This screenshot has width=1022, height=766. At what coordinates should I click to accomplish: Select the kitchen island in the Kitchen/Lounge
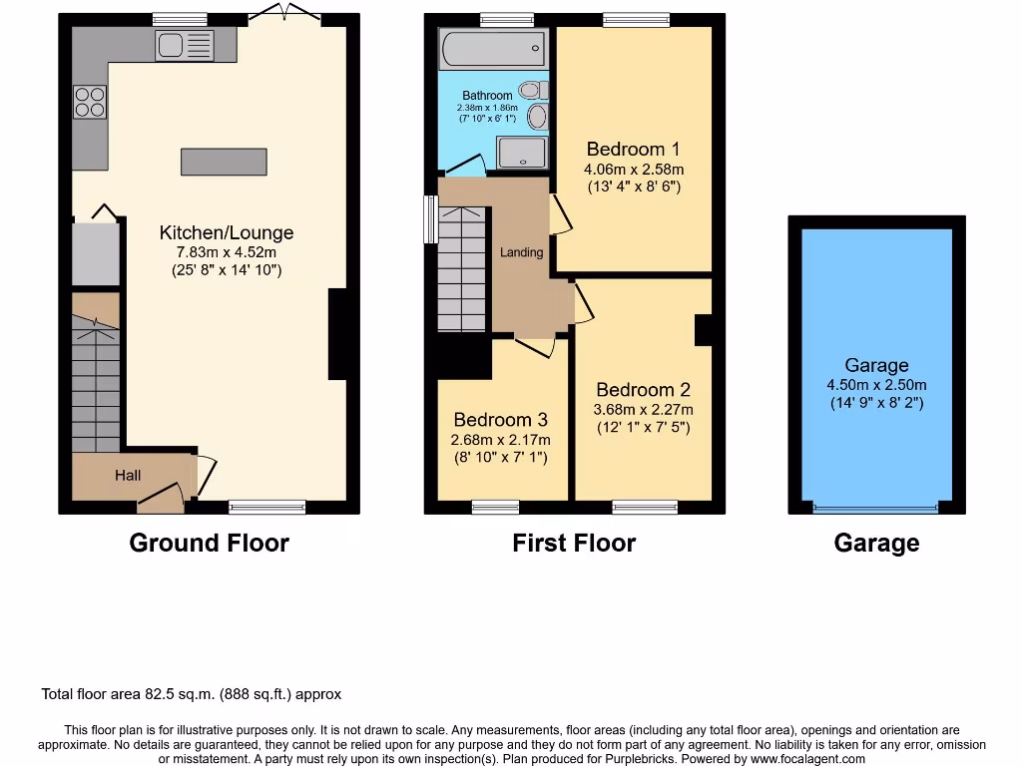pos(224,162)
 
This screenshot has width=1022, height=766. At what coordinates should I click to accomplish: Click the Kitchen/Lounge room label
pos(227,232)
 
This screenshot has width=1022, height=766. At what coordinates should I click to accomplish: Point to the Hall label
pos(128,476)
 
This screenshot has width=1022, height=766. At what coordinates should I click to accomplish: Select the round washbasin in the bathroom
pos(538,118)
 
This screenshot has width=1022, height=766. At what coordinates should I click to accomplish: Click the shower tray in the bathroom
pos(523,152)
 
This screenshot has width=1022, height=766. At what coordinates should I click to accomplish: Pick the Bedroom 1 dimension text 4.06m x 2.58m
pos(634,169)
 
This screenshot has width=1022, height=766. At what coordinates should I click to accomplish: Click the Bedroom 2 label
pos(643,390)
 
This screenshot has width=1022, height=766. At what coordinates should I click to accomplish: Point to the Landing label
pos(521,252)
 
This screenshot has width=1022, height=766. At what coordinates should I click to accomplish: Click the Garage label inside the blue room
pos(876,366)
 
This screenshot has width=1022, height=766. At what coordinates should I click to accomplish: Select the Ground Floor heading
pos(210,544)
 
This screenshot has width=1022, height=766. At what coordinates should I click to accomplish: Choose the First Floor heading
pos(574,544)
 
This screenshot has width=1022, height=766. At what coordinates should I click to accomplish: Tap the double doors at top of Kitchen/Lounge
pos(285,13)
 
